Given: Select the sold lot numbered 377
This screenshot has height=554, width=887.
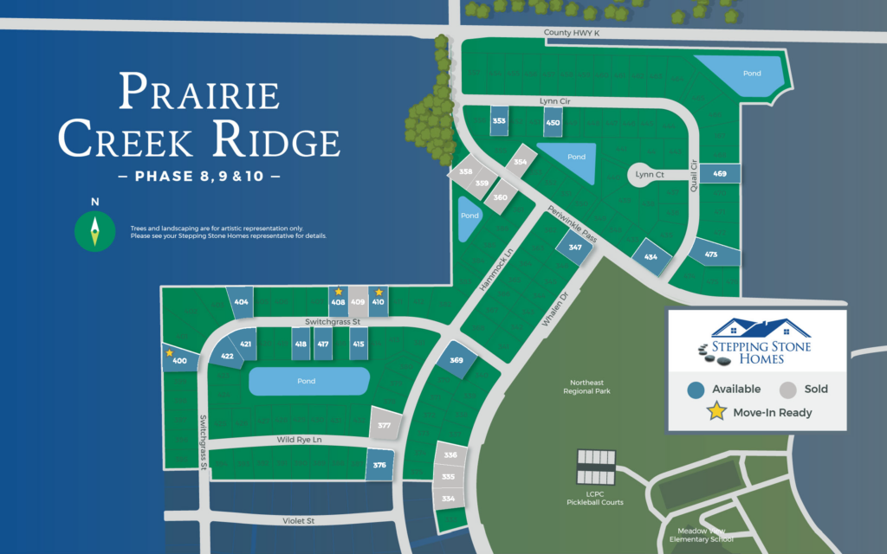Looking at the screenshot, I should pos(385,426).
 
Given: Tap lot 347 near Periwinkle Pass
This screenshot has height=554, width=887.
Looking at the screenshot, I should pos(575,248).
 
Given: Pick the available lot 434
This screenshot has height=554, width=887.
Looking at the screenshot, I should pos(651,257).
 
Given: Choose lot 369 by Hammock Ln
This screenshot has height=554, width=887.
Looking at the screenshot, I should pos(456,359).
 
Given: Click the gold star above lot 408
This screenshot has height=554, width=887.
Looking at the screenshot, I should pos(339,292).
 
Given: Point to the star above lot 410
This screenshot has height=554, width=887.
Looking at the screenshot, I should pos(379,292).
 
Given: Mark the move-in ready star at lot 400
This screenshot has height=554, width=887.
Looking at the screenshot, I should pos(171,351).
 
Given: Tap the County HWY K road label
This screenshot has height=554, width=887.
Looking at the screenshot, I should pos(572,33).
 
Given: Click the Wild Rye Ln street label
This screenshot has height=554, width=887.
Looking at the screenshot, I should pos(299,440).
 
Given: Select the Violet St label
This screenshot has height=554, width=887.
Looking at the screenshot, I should pos(298,520).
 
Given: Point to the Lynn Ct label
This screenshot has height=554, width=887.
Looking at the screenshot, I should pos(649,175).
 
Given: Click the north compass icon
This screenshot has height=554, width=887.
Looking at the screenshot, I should pos(95,230).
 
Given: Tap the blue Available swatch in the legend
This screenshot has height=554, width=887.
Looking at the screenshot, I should pos(695,390).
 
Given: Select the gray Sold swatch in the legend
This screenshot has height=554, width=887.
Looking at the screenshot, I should pos(787,390).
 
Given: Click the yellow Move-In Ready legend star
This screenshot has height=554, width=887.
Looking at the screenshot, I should pos(716,412).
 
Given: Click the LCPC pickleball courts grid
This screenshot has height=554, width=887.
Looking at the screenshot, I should pos(597,468).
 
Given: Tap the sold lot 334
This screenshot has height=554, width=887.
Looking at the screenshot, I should pos(449,499).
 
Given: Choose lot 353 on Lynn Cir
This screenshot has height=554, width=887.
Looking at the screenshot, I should pos(499,121).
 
